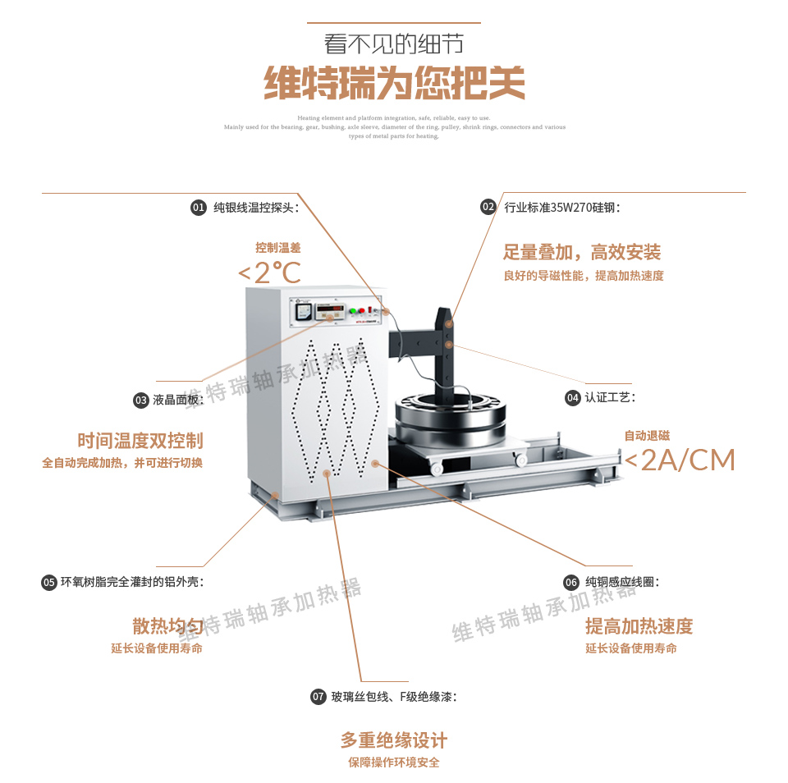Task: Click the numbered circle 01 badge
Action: (x=198, y=208)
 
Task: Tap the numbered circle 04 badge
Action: (x=573, y=397)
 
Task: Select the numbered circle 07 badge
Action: (x=318, y=697)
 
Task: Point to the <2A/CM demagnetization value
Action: (x=680, y=460)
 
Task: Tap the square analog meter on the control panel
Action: (x=303, y=312)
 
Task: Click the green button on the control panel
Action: (x=353, y=311)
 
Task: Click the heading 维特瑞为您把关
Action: (x=394, y=83)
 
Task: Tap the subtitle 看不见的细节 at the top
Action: (x=394, y=43)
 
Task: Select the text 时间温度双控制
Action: (x=140, y=441)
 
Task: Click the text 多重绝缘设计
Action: (x=394, y=740)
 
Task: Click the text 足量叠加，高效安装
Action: (x=582, y=252)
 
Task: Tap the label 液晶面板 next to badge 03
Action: (x=177, y=400)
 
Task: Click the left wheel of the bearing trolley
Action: (x=437, y=468)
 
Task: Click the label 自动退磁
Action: (x=647, y=436)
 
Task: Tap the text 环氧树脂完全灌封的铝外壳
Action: (x=131, y=582)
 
